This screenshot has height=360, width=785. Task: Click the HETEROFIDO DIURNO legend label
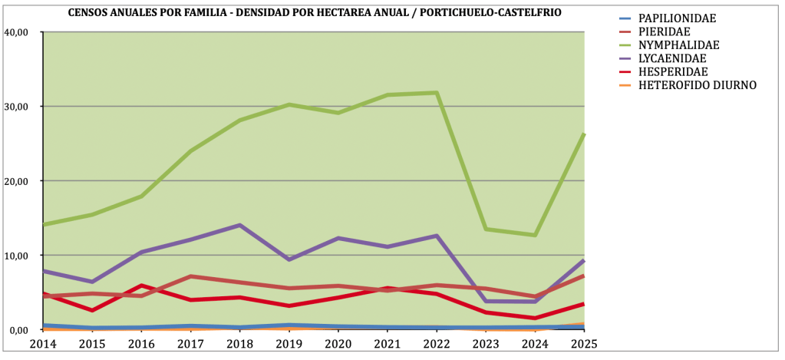pos(698,85)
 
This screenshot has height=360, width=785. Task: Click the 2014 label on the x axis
pos(43,343)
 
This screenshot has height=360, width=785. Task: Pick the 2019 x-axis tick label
pos(289,343)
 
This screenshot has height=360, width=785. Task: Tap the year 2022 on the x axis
pos(437,343)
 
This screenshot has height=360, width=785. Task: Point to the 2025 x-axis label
pos(583,343)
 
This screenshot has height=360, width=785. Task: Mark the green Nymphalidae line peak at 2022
pos(437,93)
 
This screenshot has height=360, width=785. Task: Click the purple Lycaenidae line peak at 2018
pos(240,225)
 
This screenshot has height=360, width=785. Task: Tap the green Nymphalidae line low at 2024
pos(535,235)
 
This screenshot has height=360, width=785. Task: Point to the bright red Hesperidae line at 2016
pos(142,286)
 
